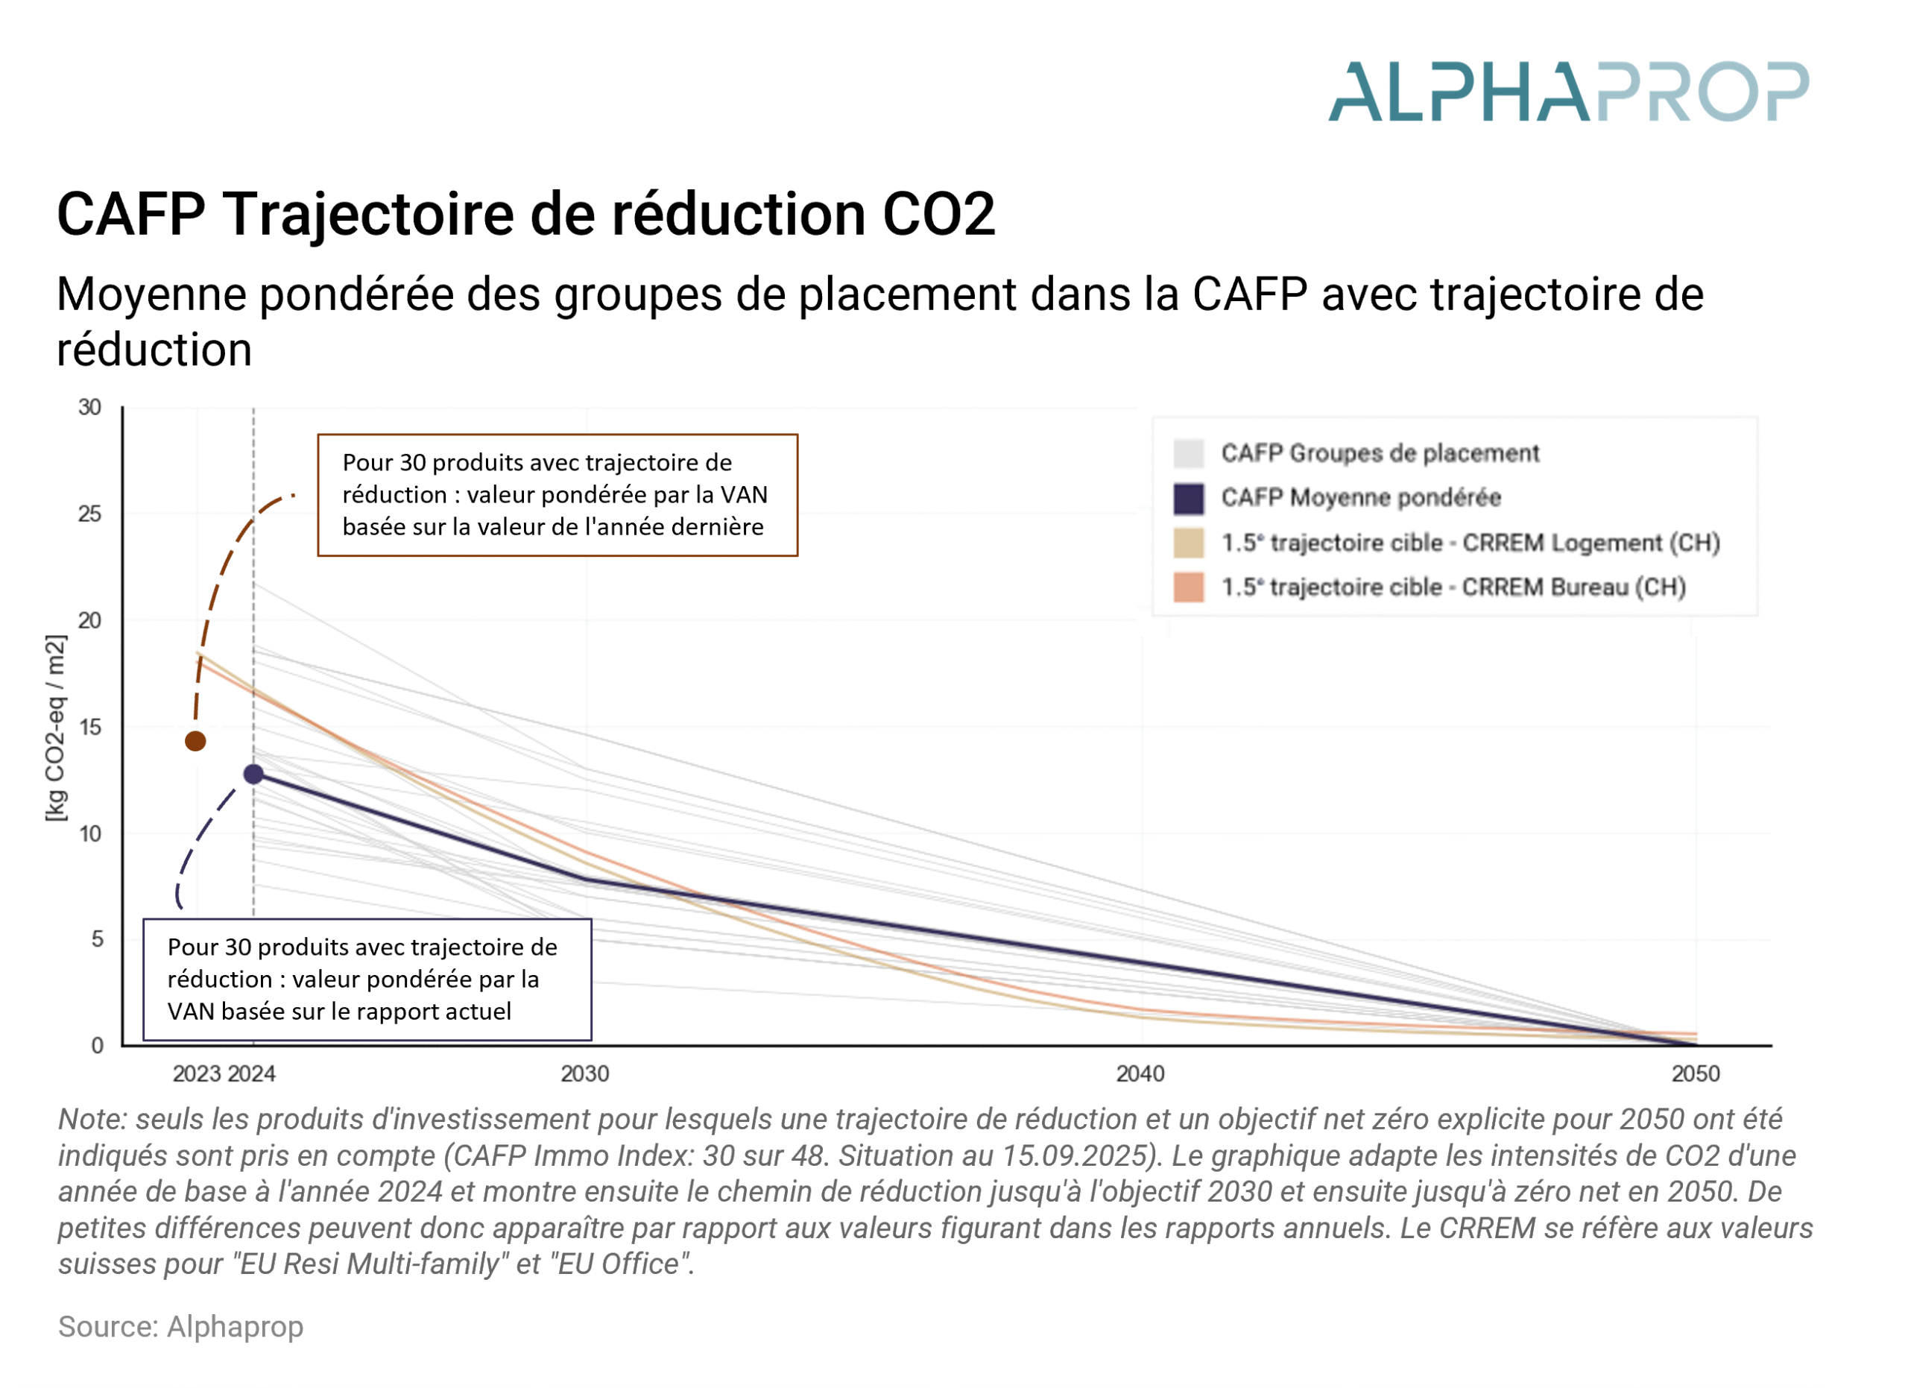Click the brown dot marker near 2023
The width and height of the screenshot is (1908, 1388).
point(195,741)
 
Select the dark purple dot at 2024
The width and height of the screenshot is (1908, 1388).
point(253,774)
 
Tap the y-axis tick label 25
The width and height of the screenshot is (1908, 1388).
point(89,514)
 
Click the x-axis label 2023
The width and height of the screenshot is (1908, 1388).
point(196,1073)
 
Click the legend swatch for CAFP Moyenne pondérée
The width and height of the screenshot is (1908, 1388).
point(1188,498)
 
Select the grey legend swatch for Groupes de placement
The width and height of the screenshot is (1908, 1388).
point(1188,453)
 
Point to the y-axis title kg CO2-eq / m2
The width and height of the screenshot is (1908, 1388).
point(55,728)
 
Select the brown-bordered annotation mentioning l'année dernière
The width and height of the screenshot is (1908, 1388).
point(557,495)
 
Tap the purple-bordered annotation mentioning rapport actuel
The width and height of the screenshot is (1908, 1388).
point(367,980)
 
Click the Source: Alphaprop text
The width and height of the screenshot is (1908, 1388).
point(181,1327)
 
